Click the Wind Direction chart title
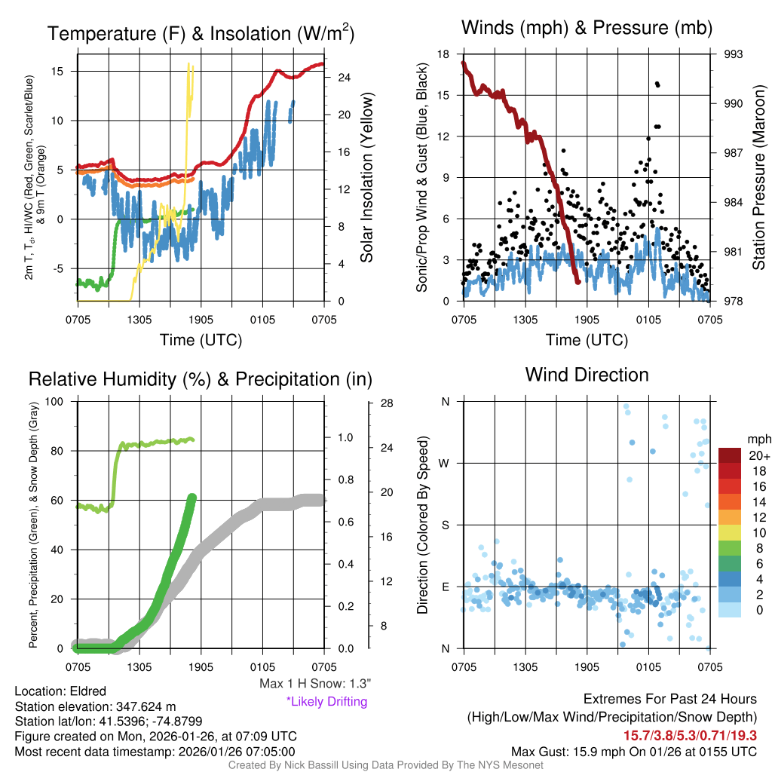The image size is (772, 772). (587, 375)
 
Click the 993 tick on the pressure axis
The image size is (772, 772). (734, 54)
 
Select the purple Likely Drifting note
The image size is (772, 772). (326, 702)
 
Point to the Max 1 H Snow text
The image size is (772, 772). (314, 683)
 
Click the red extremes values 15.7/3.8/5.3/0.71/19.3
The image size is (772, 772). (690, 735)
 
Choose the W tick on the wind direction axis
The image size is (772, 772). (445, 463)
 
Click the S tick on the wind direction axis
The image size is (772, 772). (445, 525)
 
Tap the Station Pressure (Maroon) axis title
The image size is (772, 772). (759, 178)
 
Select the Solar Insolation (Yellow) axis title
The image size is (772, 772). (367, 178)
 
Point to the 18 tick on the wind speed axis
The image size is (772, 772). (444, 54)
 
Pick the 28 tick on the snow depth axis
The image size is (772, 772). (388, 403)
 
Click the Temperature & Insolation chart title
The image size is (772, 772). (201, 33)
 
